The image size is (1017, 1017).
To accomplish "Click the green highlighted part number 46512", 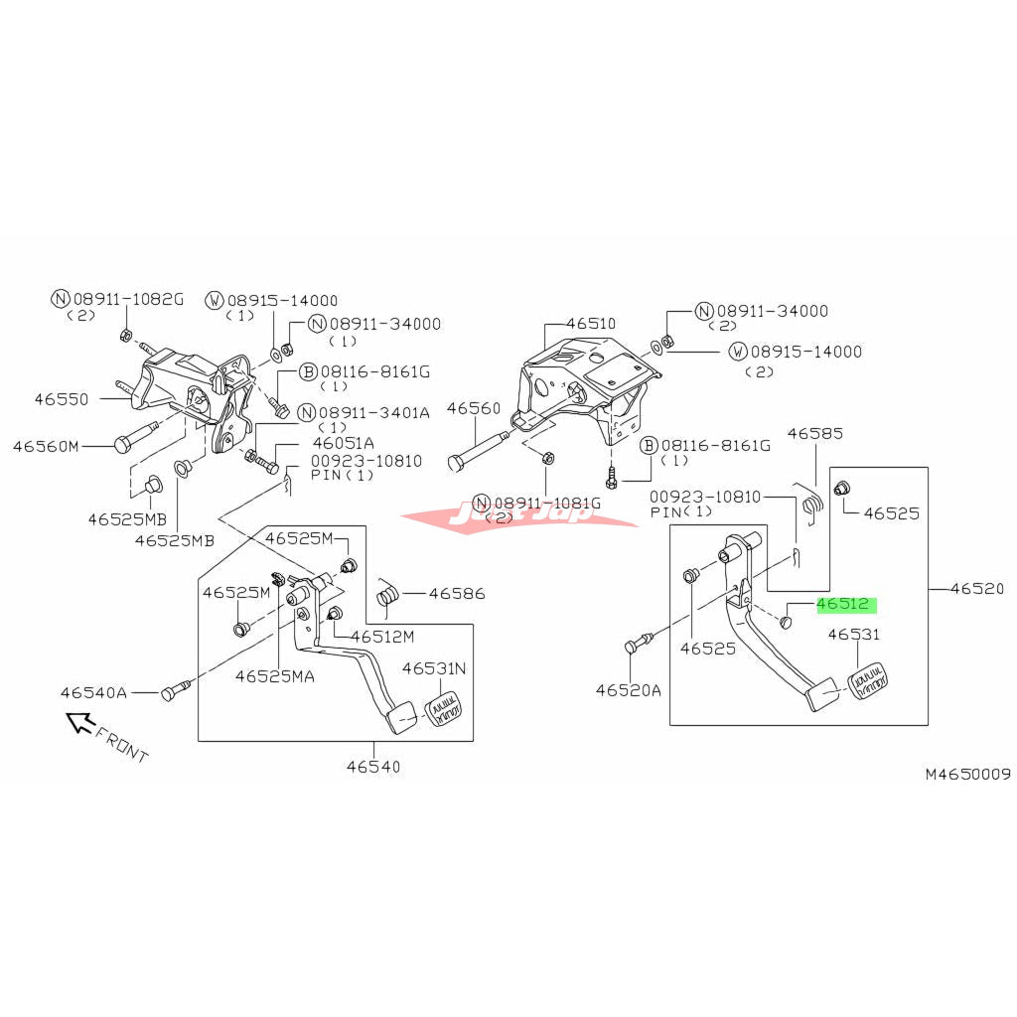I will coord(843,604).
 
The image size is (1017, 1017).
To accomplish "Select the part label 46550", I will coord(62,399).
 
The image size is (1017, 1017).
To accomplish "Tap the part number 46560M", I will coord(45,447).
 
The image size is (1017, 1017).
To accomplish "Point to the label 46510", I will coord(591,324).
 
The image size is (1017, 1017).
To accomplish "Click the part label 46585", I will coord(815,433).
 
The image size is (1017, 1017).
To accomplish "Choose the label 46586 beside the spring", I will coord(457,594).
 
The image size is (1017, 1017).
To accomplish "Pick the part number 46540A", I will coord(93,693).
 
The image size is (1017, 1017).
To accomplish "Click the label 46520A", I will coord(628,688).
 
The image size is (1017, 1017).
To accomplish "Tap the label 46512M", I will coord(382,637).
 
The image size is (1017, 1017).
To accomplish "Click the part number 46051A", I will coord(344,443).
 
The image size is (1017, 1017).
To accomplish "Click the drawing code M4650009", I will coord(967,774).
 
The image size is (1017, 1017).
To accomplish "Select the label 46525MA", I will coord(275,676).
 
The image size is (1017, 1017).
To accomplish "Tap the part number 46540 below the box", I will coord(374,766).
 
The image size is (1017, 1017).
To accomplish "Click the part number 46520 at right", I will coord(977,589).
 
